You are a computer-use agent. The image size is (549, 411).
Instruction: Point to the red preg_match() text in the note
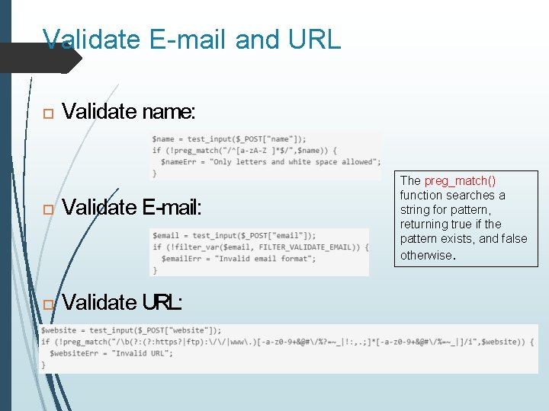pyautogui.click(x=460, y=180)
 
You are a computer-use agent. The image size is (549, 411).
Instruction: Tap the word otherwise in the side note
pyautogui.click(x=426, y=255)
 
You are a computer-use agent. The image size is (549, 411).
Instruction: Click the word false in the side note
pyautogui.click(x=512, y=239)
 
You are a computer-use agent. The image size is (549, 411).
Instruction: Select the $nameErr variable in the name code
pyautogui.click(x=179, y=161)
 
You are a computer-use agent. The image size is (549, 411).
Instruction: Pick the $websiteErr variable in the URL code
pyautogui.click(x=73, y=353)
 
